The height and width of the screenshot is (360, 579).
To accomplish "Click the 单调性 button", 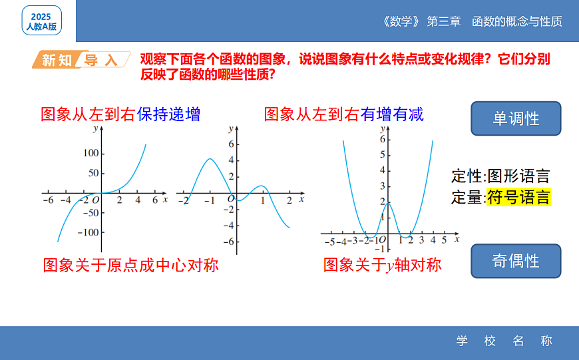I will coord(516,118).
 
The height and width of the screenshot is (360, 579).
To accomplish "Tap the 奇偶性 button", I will coord(516,261).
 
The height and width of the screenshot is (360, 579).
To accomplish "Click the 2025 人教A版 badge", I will coord(42,21).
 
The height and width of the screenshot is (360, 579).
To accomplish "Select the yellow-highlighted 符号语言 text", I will coord(518,197).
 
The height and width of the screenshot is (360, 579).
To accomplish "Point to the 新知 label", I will coord(57,61).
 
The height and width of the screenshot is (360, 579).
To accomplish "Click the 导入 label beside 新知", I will coord(100,61).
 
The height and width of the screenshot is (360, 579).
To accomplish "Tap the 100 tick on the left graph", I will coord(90,154).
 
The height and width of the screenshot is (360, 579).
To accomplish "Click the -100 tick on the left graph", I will coord(87,232).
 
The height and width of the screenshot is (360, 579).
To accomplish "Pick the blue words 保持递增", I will coord(168,114).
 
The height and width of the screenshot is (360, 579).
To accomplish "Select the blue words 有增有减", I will coord(392,114).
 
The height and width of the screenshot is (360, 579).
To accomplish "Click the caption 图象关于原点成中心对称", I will coord(130,266).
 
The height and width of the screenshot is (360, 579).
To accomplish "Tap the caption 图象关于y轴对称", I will coord(382,265).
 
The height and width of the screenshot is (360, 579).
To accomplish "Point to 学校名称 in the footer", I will coord(504,341).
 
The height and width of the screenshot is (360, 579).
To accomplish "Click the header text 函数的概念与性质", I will coord(517,21).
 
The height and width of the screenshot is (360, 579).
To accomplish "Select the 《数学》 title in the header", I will coord(402,21).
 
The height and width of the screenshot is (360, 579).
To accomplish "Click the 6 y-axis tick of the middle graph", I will coord(231,144).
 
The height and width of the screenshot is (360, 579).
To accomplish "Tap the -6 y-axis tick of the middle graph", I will coord(228,241).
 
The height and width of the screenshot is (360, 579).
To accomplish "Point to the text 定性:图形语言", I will coord(500,176).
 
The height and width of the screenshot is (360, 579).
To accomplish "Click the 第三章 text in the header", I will coord(444,21).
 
